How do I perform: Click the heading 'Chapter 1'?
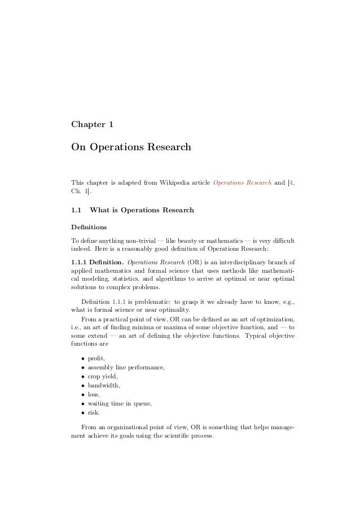[x=94, y=124]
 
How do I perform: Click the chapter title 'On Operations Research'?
[x=131, y=148]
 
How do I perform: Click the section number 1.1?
[x=76, y=211]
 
